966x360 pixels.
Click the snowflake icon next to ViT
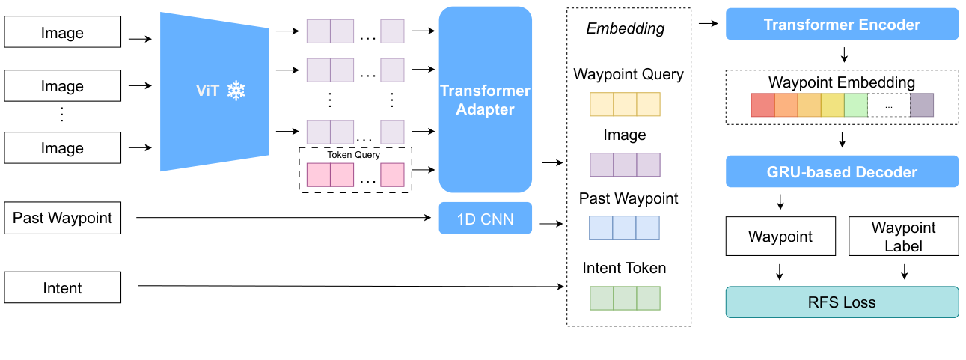(x=236, y=91)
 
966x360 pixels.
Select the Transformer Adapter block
(x=485, y=100)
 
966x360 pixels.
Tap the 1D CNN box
(x=485, y=219)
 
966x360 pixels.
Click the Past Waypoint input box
(x=63, y=219)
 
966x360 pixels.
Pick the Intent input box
(x=63, y=288)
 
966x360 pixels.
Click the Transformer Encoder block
(x=842, y=25)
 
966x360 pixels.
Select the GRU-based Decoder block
(x=842, y=172)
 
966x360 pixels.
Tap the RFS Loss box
(x=842, y=303)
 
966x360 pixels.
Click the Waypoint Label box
(x=903, y=237)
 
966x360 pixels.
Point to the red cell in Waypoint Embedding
(x=762, y=106)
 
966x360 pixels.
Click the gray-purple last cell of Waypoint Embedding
(x=921, y=106)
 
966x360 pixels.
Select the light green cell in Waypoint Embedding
(x=855, y=106)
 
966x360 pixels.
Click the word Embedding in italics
(x=625, y=29)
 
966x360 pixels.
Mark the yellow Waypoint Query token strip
(x=625, y=104)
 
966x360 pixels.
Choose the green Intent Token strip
(x=625, y=299)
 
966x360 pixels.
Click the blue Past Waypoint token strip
(x=625, y=228)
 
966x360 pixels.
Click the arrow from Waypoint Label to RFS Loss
(x=904, y=271)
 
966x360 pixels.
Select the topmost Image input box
(x=63, y=33)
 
